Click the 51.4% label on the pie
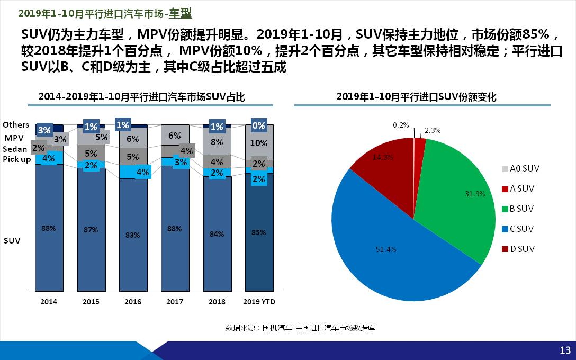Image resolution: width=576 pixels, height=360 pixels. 386,249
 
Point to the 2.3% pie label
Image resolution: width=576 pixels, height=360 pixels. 433,130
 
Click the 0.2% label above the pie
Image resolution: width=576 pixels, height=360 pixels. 401,125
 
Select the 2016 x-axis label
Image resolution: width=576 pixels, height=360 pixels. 133,302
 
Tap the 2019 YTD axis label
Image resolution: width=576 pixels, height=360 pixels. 259,302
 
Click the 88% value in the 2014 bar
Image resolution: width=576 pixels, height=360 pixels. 49,228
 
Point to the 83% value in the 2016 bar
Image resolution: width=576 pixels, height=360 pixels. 133,235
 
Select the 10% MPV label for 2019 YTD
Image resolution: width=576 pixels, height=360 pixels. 259,143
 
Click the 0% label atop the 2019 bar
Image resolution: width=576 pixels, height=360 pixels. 259,126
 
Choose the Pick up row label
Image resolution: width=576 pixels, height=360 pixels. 17,159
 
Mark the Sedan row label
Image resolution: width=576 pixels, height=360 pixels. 15,149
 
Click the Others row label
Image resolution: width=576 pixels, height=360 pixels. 16,125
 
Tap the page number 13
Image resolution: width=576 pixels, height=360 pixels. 565,350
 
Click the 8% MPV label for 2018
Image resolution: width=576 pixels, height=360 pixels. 217,142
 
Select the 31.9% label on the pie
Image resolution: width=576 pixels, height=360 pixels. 475,194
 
